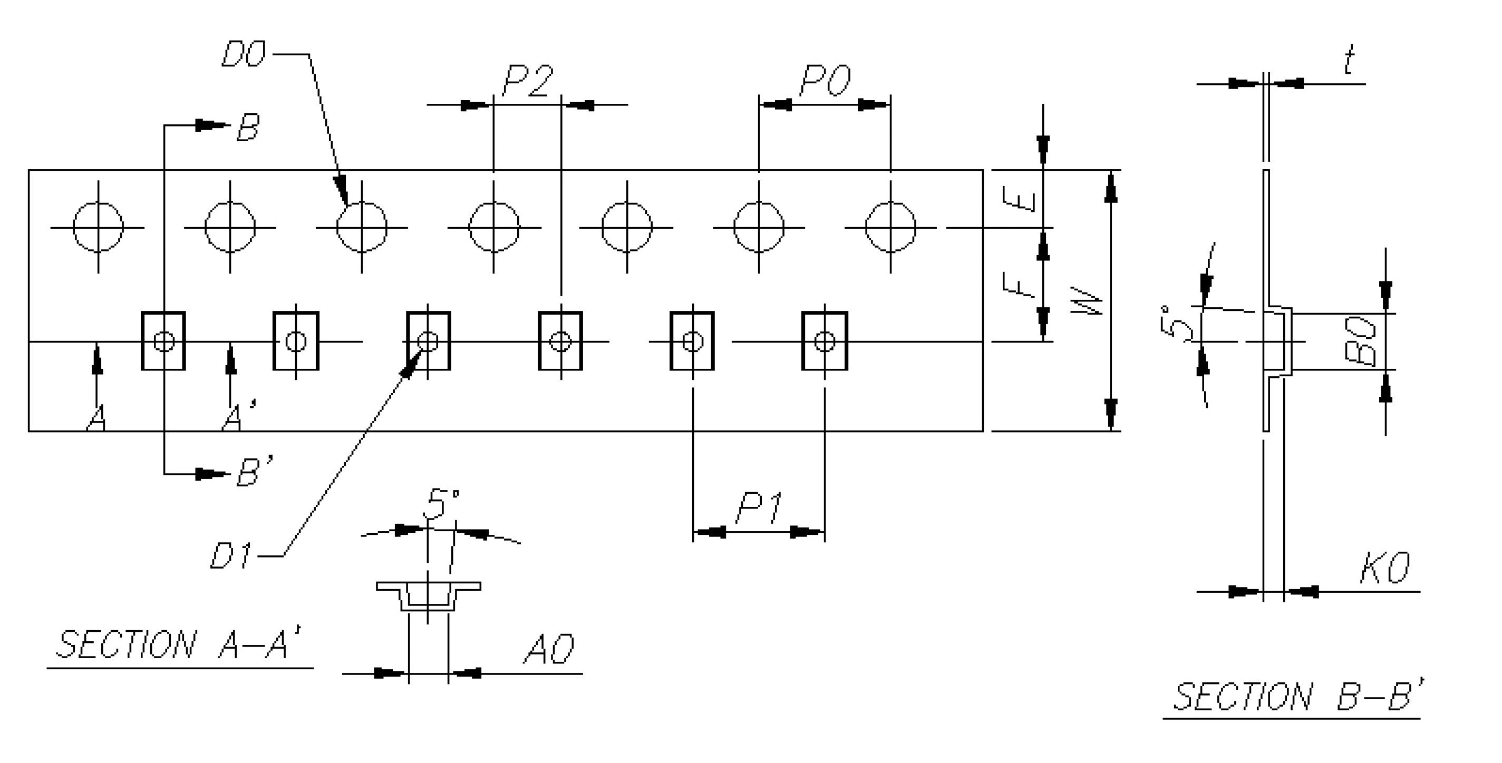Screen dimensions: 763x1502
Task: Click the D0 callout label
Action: tap(244, 55)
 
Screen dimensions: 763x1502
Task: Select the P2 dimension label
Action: tap(527, 81)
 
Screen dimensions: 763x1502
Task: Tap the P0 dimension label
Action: tap(825, 81)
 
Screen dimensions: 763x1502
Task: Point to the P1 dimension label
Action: tap(759, 508)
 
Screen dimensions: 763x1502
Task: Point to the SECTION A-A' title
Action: tap(180, 645)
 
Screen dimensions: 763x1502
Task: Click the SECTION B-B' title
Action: tap(1298, 697)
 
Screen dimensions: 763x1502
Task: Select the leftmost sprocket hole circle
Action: tap(98, 227)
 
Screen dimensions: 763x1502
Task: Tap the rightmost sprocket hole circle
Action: tap(890, 227)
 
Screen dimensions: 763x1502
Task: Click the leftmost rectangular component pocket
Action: tap(164, 341)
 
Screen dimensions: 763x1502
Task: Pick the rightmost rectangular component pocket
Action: tap(825, 341)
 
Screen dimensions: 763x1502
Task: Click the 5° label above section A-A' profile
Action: tap(441, 505)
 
